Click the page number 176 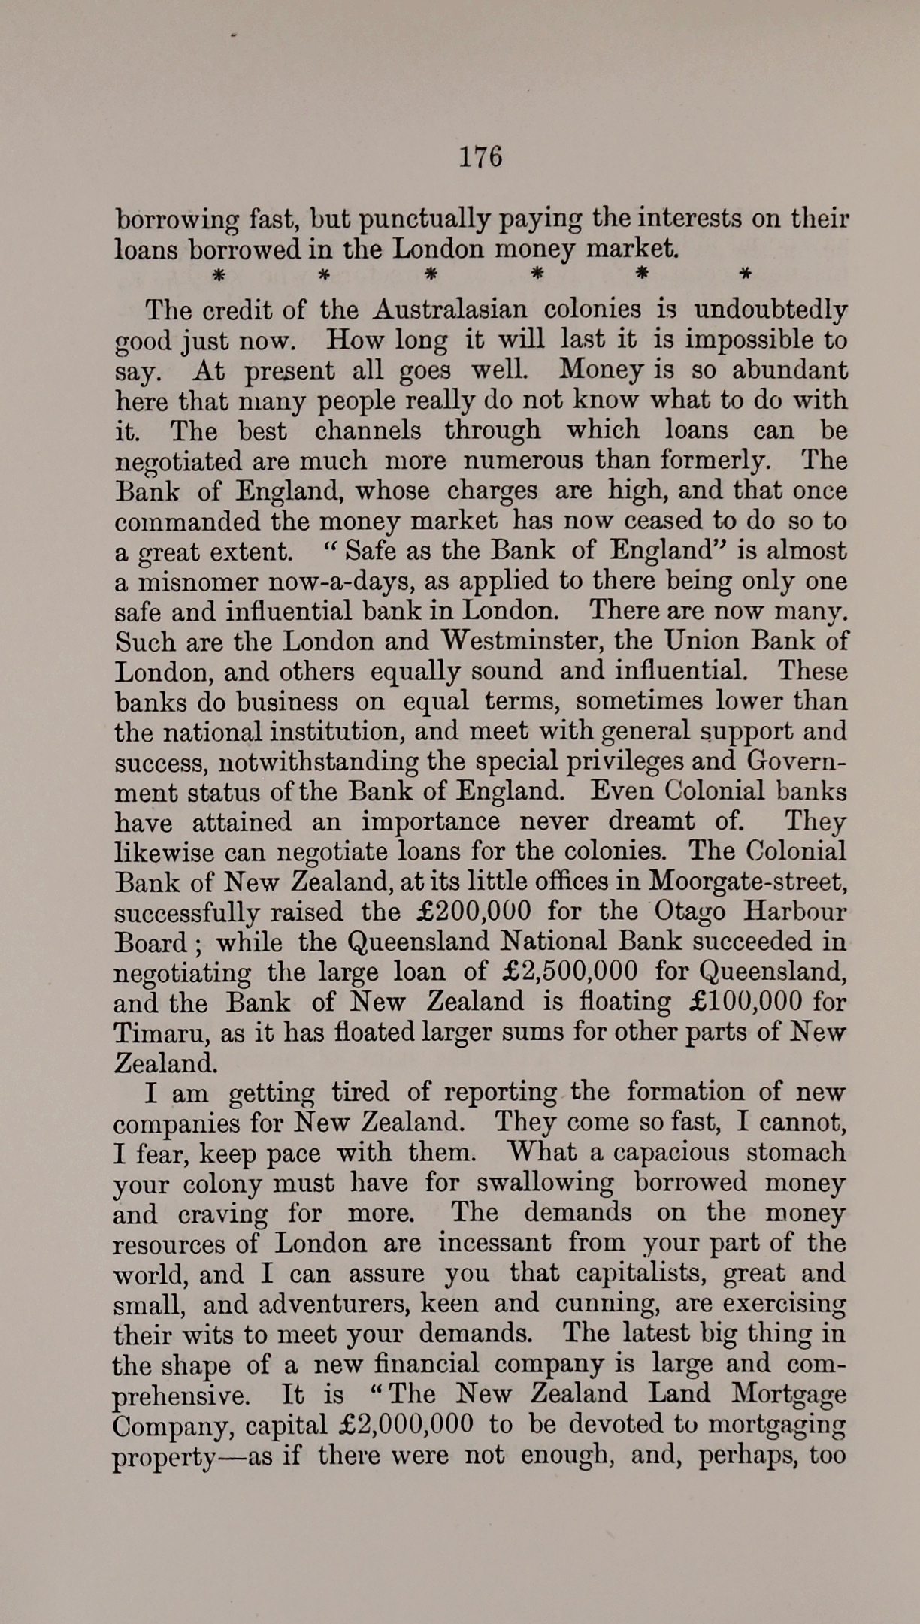(480, 157)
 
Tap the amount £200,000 (473, 912)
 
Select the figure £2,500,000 (569, 972)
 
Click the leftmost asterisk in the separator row (217, 274)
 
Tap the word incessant (494, 1243)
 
